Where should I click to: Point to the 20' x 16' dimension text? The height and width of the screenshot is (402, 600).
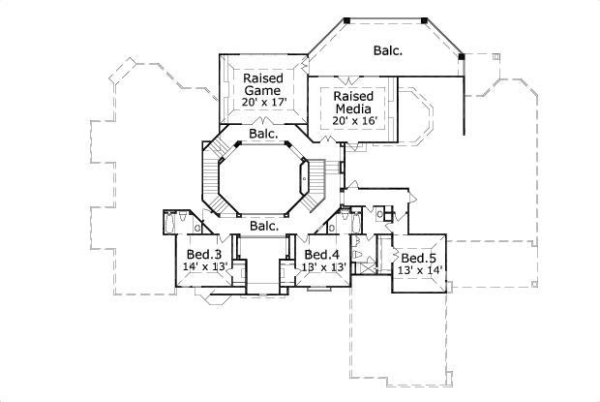(354, 120)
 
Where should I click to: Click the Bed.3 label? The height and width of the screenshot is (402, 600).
(205, 253)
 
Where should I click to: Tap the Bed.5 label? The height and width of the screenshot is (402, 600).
(419, 259)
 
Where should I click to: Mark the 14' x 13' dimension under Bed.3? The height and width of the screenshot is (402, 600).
(205, 266)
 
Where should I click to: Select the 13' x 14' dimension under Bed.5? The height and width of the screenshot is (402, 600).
(419, 272)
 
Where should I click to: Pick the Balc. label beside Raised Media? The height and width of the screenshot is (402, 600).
(389, 49)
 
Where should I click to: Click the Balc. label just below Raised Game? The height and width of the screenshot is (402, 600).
(262, 134)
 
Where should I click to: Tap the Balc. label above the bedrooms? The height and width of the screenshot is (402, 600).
(263, 226)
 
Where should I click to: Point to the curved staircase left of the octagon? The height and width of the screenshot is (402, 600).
(210, 179)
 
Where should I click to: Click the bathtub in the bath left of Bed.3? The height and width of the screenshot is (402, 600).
(174, 222)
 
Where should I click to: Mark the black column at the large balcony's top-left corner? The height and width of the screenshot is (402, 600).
(345, 18)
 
